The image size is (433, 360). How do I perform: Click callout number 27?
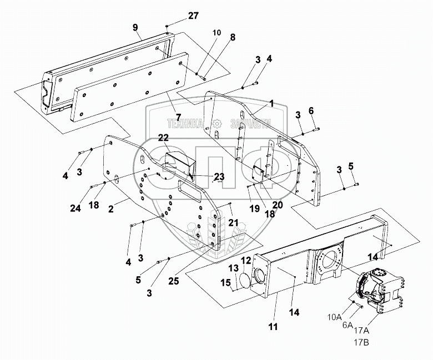[193, 16]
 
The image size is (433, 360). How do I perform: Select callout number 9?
[135, 27]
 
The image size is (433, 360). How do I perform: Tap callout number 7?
[178, 116]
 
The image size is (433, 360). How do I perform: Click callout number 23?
[219, 177]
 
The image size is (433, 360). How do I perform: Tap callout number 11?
[273, 327]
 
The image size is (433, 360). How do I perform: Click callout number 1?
[272, 104]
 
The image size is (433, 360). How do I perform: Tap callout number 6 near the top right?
[311, 111]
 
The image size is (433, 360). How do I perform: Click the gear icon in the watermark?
[218, 125]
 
